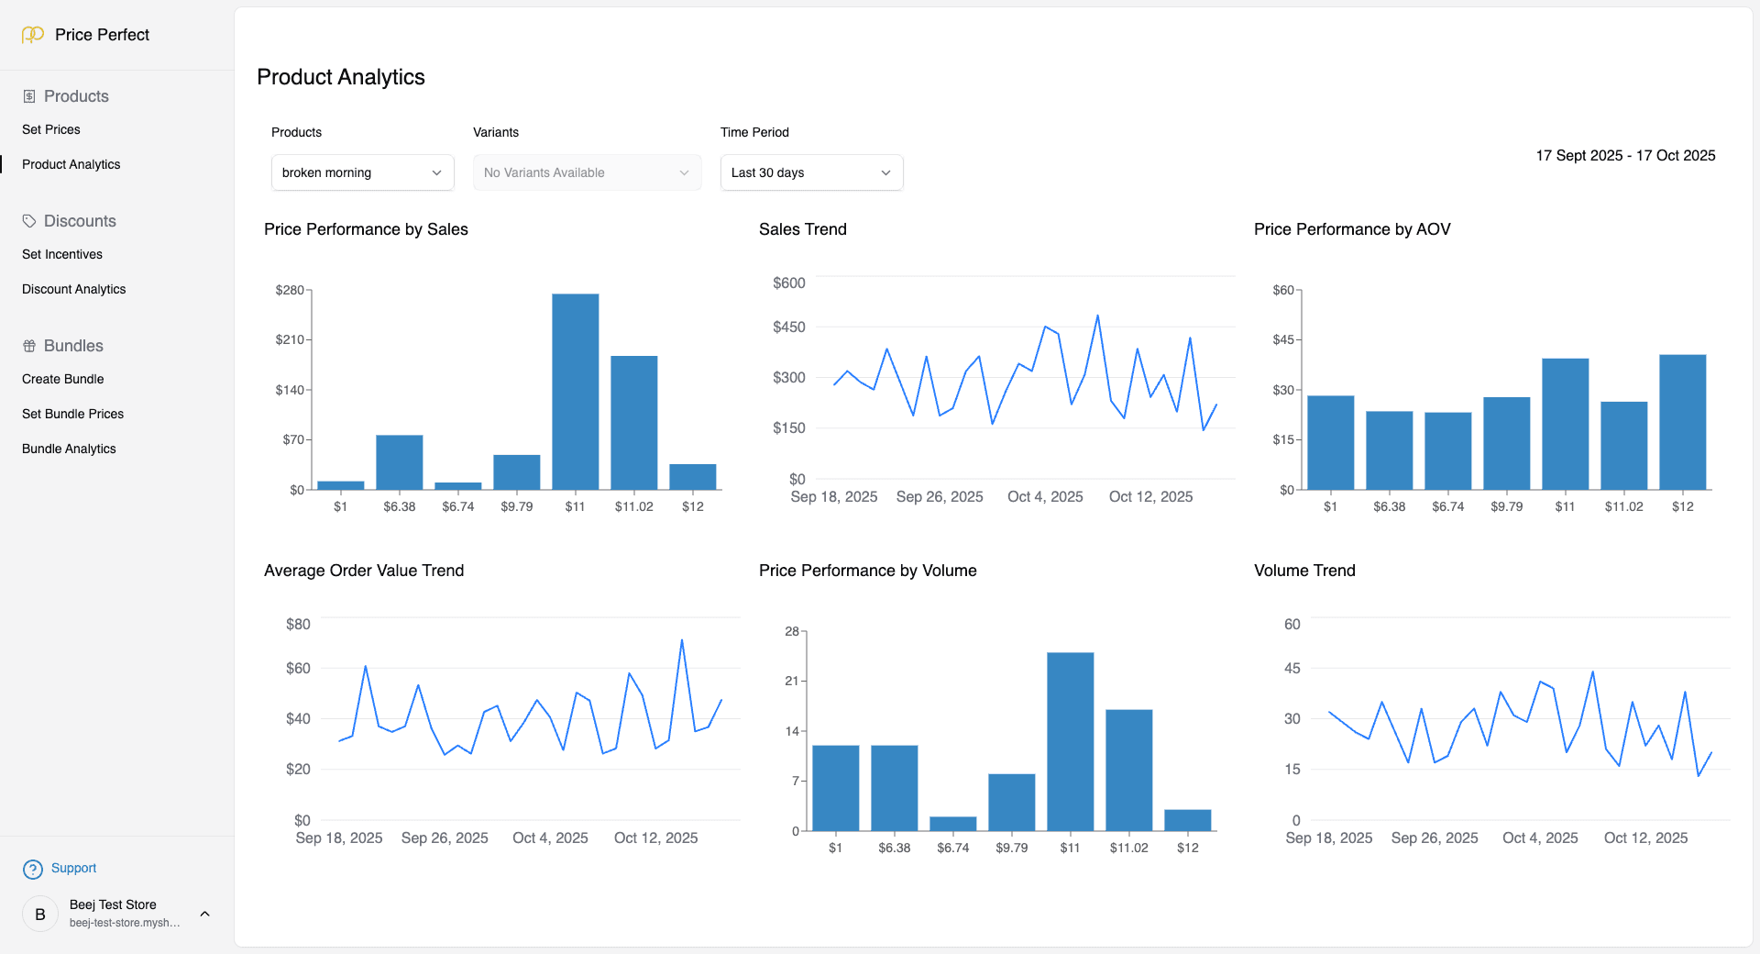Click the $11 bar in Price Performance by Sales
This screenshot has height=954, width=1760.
[575, 392]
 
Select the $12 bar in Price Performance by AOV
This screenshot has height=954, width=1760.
[1682, 422]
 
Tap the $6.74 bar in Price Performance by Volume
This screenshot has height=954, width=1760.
[952, 823]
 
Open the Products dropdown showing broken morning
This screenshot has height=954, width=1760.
[362, 172]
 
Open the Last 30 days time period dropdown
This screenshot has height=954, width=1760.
[811, 172]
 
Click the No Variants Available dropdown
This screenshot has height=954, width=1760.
[587, 172]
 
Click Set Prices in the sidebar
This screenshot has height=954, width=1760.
[51, 129]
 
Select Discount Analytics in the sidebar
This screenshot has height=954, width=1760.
[74, 289]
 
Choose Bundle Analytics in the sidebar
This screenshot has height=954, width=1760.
[69, 449]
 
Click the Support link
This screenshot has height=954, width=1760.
[73, 868]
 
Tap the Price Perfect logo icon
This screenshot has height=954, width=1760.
[33, 35]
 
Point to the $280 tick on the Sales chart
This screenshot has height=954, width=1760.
[290, 290]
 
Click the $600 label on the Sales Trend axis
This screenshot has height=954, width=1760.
[788, 283]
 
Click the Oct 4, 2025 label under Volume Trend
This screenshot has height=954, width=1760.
[1540, 838]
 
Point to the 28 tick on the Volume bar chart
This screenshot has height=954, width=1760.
[792, 631]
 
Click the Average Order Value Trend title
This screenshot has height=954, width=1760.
[364, 571]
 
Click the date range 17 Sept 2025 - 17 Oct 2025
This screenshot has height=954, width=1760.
[1625, 155]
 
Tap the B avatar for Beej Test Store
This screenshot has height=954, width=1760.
[40, 914]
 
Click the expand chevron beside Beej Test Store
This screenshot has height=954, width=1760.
[205, 914]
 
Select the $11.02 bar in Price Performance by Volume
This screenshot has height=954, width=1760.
[1128, 771]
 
